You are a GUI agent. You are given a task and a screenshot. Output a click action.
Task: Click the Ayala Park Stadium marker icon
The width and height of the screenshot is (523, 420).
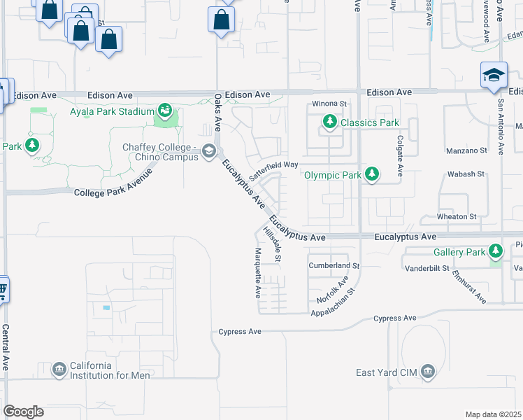165,111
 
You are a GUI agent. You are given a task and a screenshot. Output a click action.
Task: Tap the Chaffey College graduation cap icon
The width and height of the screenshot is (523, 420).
208,151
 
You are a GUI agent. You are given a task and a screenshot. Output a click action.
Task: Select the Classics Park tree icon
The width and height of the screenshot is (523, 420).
330,123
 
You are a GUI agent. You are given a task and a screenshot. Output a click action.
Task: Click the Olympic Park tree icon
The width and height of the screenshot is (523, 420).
373,174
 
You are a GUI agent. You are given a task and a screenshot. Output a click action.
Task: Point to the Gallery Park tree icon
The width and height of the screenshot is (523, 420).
496,251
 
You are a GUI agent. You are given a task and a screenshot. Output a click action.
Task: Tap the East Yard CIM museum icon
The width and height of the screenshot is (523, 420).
428,372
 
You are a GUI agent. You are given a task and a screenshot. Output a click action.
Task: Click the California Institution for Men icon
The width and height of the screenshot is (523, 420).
59,370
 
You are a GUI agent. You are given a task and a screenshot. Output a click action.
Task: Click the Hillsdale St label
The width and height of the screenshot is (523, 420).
273,244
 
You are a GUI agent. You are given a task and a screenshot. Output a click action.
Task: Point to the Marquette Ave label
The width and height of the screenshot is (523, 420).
258,271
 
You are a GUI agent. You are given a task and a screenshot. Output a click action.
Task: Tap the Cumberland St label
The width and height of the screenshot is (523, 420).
334,266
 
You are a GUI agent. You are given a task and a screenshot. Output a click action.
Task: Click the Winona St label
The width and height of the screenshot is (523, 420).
329,104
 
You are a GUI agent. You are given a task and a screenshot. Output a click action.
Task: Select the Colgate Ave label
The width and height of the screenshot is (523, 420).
400,155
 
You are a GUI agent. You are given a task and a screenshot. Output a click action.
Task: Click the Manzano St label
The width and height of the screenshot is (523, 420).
466,150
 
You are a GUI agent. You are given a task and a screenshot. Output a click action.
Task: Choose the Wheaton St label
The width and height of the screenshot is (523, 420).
456,217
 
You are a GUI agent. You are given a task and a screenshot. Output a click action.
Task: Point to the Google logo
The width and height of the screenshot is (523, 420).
23,412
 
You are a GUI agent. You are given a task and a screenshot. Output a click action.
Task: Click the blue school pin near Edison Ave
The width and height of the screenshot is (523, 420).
494,76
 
